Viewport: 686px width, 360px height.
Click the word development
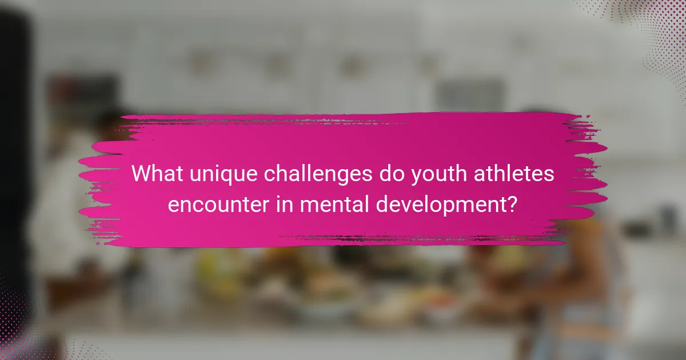point(440,204)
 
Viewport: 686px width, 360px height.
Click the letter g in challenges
point(329,177)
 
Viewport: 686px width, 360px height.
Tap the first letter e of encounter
point(173,205)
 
